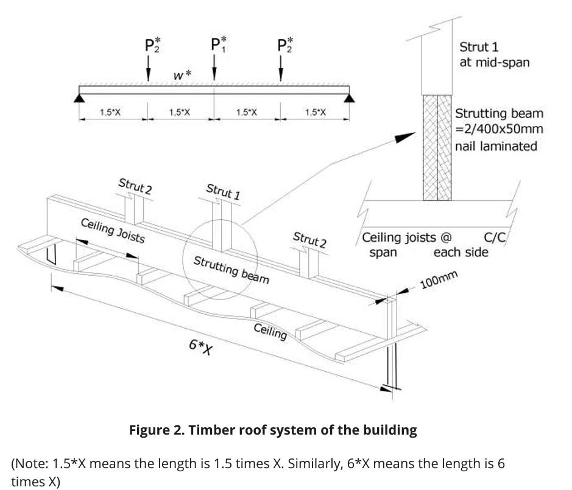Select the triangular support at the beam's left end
pos(79,96)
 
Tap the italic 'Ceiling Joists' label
pos(113,229)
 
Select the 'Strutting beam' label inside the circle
pos(231,270)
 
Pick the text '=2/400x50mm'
pos(499,129)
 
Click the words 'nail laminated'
pos(496,145)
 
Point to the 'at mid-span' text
pos(494,62)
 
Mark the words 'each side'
pos(461,252)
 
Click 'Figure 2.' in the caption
pos(156,430)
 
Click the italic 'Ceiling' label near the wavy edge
pos(270,331)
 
